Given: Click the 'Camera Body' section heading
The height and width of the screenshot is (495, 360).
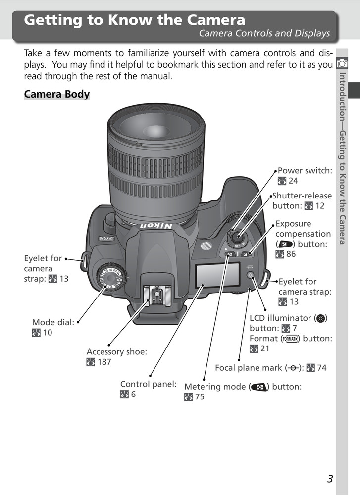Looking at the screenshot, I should pos(56,94).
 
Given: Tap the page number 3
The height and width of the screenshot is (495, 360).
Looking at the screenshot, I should pos(330,478).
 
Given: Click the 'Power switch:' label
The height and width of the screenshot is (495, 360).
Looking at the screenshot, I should pos(305,171).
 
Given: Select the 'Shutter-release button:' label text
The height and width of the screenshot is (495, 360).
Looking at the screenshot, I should pos(302,200).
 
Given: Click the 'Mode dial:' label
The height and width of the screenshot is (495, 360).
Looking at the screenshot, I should pos(53,322).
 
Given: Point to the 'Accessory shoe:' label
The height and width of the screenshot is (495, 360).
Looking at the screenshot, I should pos(116,352).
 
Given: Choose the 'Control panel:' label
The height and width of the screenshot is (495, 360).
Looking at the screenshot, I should pos(148,384).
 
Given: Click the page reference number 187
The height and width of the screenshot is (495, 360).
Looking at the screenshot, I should pos(104,362).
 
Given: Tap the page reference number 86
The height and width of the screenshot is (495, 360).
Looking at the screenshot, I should pos(291,254).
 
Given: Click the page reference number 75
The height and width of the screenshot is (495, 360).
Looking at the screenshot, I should pos(200,397).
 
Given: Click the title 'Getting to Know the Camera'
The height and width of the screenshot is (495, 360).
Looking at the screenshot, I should pos(135,20).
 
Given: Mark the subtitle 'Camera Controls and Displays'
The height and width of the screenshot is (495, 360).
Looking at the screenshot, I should pos(264,34).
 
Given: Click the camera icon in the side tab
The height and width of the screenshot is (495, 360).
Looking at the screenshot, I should pos(342,63).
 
